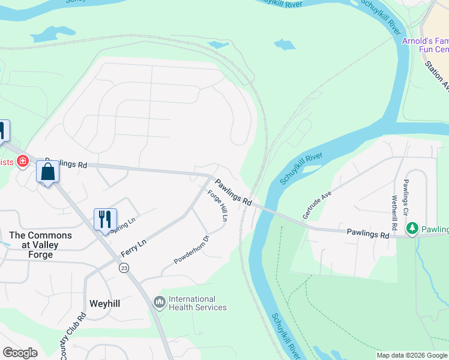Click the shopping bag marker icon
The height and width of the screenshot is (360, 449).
pos(47,172)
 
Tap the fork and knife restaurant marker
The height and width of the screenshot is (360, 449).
pos(105,219)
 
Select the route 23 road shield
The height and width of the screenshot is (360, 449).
pos(124,267)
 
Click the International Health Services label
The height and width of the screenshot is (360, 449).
pos(197,303)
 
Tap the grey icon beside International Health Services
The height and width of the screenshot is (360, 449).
pos(159,302)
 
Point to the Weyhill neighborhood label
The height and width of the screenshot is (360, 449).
pos(104,304)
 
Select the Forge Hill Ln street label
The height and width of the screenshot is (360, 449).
pos(218,206)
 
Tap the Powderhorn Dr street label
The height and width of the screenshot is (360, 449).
pos(191,250)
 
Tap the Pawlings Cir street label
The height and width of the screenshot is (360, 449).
pos(406,197)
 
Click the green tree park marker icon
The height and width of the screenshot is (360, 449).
pos(412,229)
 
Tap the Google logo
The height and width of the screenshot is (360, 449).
pos(20,353)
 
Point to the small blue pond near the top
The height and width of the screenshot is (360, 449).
pos(285,44)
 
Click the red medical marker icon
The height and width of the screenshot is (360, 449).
pos(23,161)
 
